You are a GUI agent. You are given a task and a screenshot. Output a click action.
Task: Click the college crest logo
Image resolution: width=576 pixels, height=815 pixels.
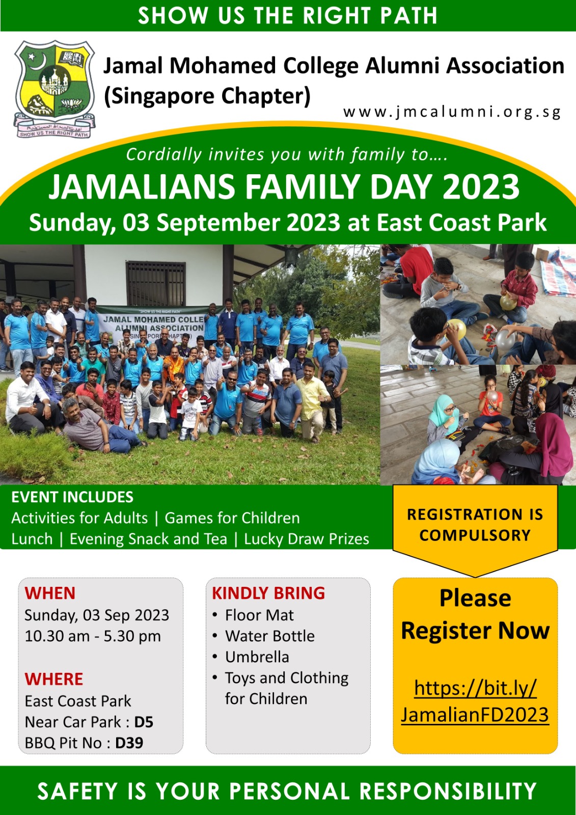[54, 89]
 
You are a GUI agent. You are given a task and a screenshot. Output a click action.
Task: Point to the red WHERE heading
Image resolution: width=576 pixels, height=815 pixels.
[54, 679]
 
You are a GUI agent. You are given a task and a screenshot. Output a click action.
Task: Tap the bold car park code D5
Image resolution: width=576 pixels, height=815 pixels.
[144, 722]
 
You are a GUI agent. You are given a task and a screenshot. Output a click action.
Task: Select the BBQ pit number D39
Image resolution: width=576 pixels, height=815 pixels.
[129, 743]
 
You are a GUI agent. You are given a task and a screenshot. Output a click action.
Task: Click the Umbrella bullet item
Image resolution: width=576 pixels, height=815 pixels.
[257, 657]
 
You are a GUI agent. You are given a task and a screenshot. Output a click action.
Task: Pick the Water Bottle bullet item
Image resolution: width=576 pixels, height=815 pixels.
[269, 636]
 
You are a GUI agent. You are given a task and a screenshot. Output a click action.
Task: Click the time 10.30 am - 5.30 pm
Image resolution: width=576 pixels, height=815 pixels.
[93, 636]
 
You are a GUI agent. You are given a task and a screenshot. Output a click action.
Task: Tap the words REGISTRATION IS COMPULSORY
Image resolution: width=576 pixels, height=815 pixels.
[475, 525]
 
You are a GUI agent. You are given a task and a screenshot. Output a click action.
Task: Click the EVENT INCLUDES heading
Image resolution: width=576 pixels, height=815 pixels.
[72, 497]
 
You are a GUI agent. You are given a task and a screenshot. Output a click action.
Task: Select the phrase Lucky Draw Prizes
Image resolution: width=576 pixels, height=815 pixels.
[307, 539]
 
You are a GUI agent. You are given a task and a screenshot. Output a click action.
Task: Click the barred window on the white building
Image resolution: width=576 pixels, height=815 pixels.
[156, 283]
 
